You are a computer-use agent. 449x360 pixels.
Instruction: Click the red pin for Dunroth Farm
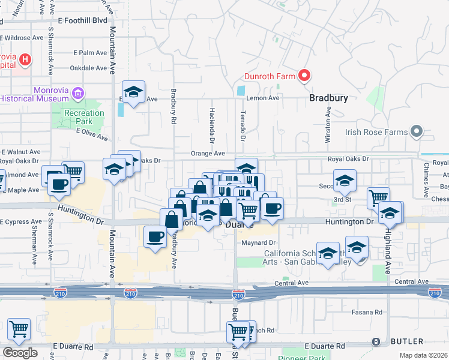(304, 76)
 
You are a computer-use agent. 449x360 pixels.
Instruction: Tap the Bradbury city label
(328, 97)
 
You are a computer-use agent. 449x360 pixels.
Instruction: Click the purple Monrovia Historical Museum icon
(77, 93)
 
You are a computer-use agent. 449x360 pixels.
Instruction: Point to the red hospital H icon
(25, 59)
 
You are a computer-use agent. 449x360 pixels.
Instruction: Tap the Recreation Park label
(84, 113)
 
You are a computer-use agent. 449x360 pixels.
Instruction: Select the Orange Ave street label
(208, 154)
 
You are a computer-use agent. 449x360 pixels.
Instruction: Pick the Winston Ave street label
(328, 125)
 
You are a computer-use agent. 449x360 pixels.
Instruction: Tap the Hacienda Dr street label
(212, 125)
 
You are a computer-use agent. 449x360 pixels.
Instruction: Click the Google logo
(20, 352)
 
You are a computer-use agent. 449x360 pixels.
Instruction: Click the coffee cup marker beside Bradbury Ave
(155, 236)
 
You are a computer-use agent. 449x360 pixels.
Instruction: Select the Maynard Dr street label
(258, 243)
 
